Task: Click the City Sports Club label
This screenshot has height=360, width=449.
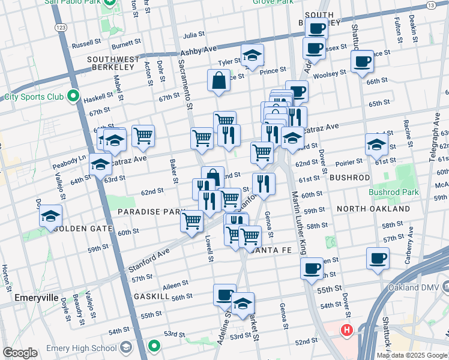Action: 34,96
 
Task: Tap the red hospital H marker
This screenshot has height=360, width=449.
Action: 346,330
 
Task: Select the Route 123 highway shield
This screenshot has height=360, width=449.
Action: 61,28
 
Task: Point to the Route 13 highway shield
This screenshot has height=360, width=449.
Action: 430,5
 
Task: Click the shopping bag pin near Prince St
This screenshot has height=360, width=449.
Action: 219,80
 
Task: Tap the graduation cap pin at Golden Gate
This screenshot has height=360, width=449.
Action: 51,215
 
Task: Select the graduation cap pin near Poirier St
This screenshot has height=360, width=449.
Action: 376,145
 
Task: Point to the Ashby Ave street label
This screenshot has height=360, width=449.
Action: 197,53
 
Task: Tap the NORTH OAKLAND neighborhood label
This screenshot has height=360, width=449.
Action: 373,209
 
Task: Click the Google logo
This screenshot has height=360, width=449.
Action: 20,353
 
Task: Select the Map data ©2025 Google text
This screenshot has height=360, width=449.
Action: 411,355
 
